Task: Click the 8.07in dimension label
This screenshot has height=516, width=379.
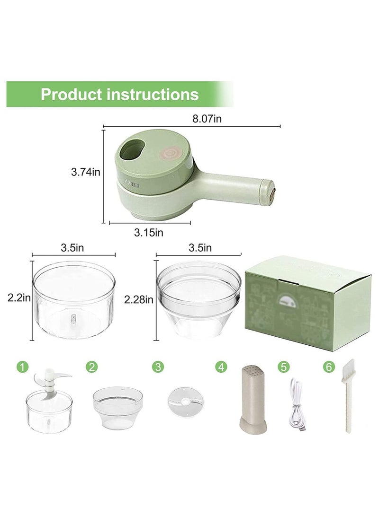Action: [207, 119]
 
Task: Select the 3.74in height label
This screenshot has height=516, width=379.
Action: [85, 172]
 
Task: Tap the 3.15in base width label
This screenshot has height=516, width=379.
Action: [148, 232]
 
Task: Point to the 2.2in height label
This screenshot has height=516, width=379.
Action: [19, 298]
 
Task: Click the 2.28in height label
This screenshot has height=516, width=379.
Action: [138, 299]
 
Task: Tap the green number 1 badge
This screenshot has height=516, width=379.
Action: [21, 367]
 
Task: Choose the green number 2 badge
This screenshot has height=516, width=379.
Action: [91, 367]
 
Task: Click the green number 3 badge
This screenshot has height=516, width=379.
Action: [157, 367]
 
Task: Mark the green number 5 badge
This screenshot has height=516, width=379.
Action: [283, 367]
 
